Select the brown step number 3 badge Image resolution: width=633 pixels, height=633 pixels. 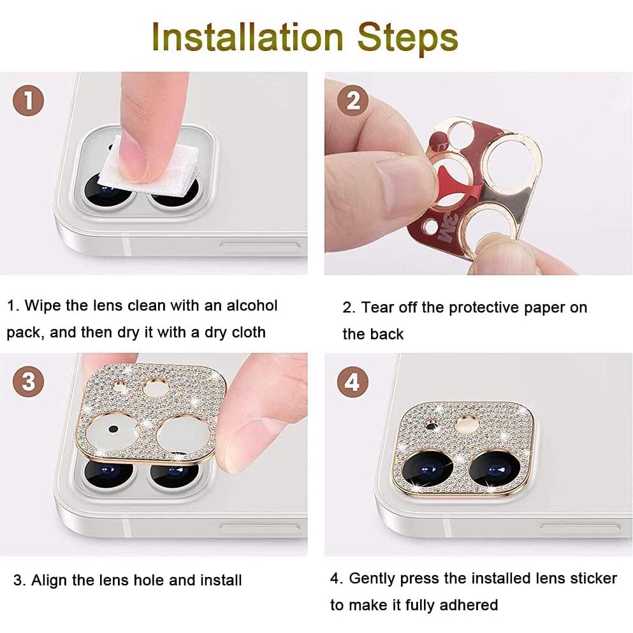pos(28,382)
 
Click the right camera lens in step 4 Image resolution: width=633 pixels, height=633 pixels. pos(495,469)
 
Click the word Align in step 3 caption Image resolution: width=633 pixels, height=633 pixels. pos(50,580)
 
